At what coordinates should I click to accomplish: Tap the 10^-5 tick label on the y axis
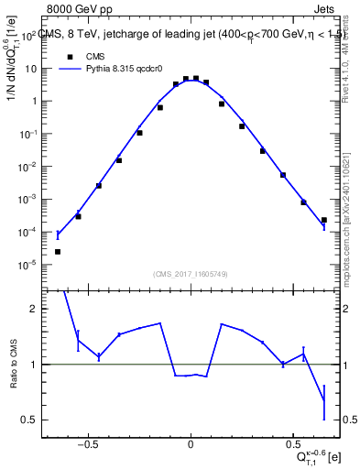(x=29, y=265)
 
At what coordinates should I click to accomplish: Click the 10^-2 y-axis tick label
(x=29, y=167)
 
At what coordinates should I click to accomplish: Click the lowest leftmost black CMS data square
(x=58, y=251)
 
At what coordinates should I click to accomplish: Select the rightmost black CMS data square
(x=324, y=220)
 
